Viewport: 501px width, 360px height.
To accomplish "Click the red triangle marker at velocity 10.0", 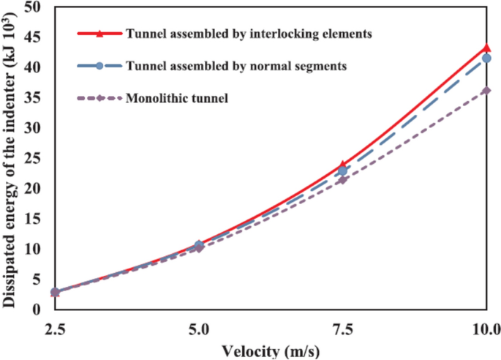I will click(486, 48).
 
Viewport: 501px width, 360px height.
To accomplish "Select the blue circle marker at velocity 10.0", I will click(486, 58).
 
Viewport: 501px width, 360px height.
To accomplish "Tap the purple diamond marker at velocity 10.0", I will click(486, 91).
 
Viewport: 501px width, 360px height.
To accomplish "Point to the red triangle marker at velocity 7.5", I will click(342, 165).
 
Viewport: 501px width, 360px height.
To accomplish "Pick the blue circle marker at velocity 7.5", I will click(342, 170).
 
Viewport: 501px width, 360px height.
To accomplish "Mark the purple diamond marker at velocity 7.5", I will click(342, 180).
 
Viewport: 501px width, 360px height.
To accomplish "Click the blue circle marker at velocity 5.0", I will click(198, 245).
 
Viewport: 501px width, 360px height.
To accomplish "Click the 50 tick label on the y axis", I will click(34, 7).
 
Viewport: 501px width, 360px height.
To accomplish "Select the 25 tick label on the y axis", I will click(34, 158).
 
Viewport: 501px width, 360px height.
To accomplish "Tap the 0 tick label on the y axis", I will click(38, 310).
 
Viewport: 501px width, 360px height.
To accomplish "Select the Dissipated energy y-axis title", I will click(10, 157).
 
